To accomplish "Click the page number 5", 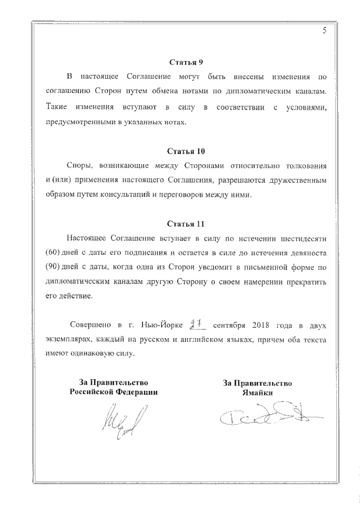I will click(325, 31).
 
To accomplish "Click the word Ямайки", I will click(257, 393).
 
